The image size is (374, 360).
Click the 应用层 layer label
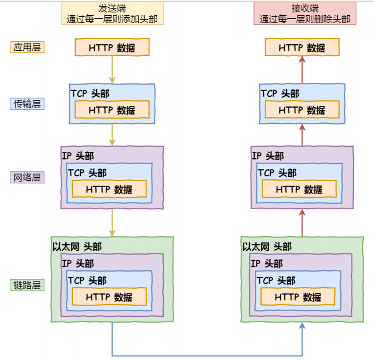pos(27,48)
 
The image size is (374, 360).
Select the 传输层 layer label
pos(27,104)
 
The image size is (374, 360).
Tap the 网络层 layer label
pos(27,177)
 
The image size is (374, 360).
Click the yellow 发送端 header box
pos(112,14)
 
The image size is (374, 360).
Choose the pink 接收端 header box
pos(302,14)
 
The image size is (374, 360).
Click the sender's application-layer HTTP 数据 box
pos(112,48)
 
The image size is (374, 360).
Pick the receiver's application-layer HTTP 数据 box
pos(302,48)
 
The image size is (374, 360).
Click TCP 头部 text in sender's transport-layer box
pos(90,94)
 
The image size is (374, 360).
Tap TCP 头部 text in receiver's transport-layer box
pos(280,94)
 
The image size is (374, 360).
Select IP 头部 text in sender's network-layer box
pos(78,156)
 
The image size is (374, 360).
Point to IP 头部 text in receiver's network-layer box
pos(268,156)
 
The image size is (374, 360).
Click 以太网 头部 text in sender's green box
pos(77,246)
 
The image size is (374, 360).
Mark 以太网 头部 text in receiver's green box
pos(267,246)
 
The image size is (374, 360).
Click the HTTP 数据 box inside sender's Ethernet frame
pos(109,297)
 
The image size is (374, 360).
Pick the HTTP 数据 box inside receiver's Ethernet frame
pos(298,297)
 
